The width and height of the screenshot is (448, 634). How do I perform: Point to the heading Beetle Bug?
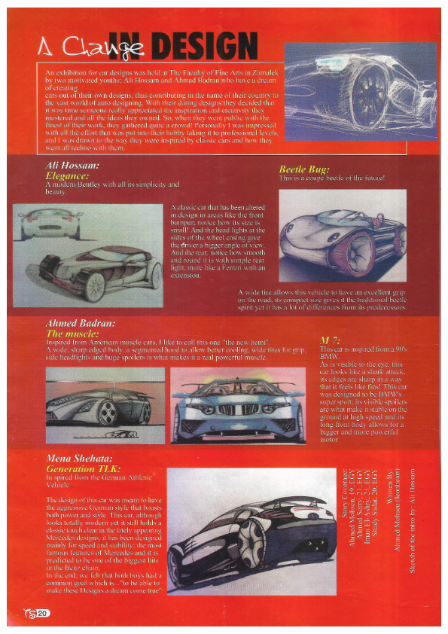304,169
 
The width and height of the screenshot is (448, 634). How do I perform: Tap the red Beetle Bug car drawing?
331,236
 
